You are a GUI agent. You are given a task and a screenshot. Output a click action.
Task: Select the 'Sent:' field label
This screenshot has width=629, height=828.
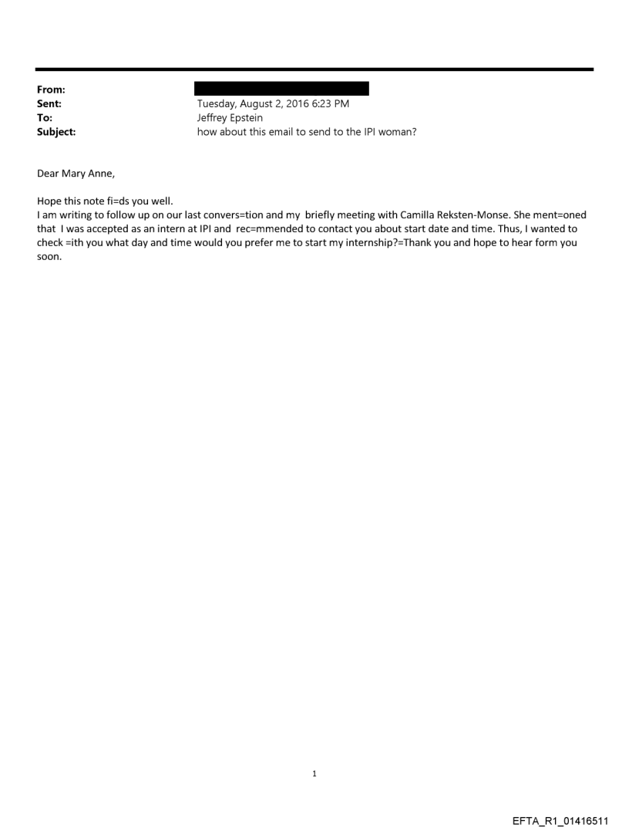click(49, 104)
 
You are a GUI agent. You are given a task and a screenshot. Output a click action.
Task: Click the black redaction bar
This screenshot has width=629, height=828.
click(281, 89)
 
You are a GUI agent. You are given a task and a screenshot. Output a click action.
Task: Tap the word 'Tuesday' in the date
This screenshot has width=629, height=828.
click(218, 104)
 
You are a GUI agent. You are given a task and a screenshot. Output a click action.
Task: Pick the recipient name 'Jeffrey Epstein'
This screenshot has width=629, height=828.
click(230, 118)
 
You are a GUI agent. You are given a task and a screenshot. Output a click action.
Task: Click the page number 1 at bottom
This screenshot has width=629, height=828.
click(314, 773)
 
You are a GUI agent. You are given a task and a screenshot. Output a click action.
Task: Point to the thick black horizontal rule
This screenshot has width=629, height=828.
click(314, 69)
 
